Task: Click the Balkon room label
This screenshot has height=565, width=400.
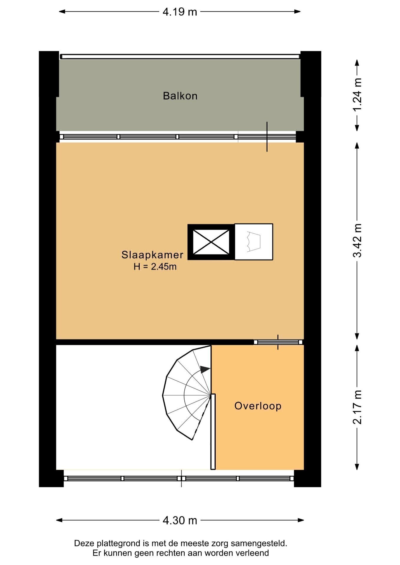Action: coord(180,96)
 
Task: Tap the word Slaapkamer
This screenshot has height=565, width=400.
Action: coord(152,255)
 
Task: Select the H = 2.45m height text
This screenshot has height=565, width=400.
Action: coord(155,267)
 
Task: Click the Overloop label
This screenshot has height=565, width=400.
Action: coord(258,406)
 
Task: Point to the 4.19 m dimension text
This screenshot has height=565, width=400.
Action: coord(180,12)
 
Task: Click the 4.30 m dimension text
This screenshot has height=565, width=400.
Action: coord(180,520)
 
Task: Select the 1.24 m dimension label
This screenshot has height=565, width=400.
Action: coord(357,95)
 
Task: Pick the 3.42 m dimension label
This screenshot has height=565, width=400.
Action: coord(357,240)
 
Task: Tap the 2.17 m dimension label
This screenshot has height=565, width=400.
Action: coord(357,407)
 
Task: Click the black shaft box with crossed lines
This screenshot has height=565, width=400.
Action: coord(211,242)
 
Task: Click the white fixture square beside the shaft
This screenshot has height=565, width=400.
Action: coord(254,242)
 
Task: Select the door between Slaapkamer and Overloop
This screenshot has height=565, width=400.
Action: coord(278,342)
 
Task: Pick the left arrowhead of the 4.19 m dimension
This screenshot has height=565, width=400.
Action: coord(62,12)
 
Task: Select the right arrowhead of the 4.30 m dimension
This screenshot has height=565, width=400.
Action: coord(301,520)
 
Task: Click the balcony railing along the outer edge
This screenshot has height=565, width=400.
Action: coord(180,56)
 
